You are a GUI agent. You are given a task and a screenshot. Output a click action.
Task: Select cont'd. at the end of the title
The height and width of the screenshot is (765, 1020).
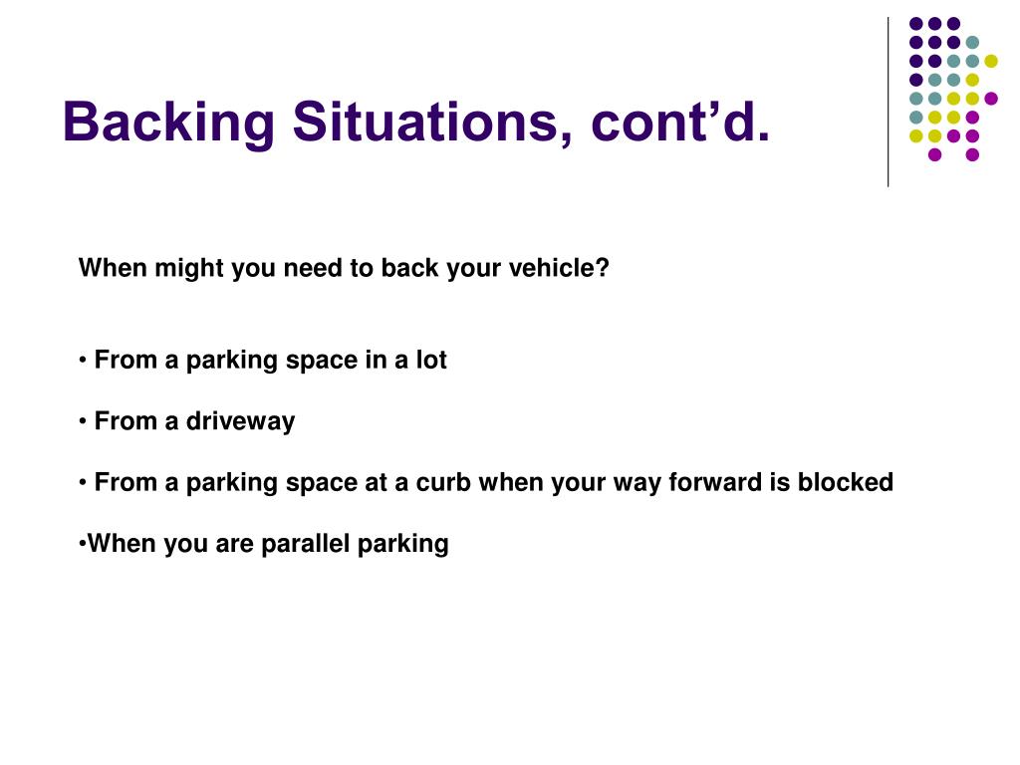coord(680,122)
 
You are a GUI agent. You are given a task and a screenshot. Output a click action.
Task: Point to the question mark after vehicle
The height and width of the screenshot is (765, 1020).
coord(603,267)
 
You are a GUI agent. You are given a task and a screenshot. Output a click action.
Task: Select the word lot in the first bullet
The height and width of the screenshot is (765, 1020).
coord(431,360)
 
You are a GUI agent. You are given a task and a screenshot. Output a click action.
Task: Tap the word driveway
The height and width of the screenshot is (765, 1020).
coord(241,422)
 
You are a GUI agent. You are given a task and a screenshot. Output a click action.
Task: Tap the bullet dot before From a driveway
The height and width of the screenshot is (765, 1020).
coord(83,422)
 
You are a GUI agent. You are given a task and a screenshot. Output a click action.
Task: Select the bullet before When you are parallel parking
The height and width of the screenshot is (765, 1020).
coord(82,543)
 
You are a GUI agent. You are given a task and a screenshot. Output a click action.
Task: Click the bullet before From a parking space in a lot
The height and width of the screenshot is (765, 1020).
coord(83,361)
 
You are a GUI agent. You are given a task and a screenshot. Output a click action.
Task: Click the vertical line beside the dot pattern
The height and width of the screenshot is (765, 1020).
coord(888,103)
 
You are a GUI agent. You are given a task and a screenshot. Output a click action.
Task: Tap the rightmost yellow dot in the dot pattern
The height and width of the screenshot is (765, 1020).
coord(991,61)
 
